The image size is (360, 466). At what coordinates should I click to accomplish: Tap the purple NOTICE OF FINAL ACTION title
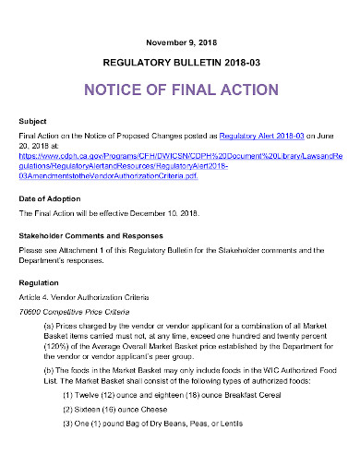coord(181,90)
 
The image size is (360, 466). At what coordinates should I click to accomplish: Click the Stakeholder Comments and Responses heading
coord(88,236)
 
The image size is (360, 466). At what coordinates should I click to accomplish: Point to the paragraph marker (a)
coord(50,327)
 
